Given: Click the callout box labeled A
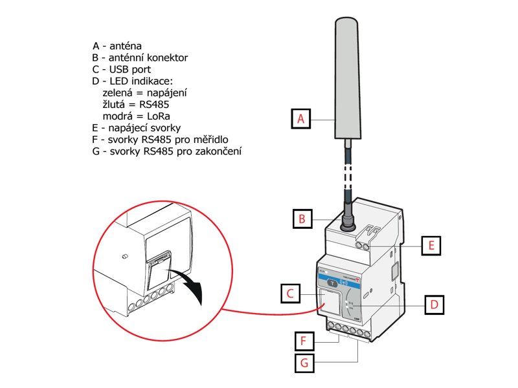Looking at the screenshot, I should pos(300,119).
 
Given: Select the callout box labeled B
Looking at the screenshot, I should pos(301,219).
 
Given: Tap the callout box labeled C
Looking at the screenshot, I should pos(291,294).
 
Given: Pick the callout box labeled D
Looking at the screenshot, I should pos(434,304).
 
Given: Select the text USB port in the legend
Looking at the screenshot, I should pos(131,69).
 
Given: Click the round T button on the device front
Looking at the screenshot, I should pos(331,283).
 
